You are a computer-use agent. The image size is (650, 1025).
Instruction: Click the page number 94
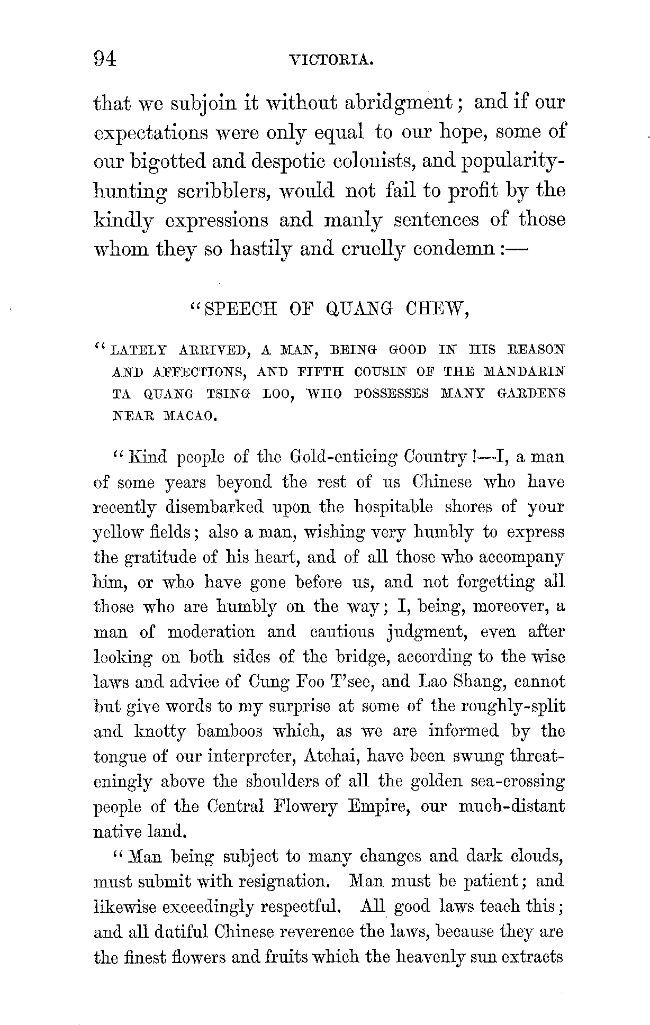click(x=104, y=59)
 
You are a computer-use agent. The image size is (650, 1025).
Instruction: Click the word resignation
click(x=285, y=882)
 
